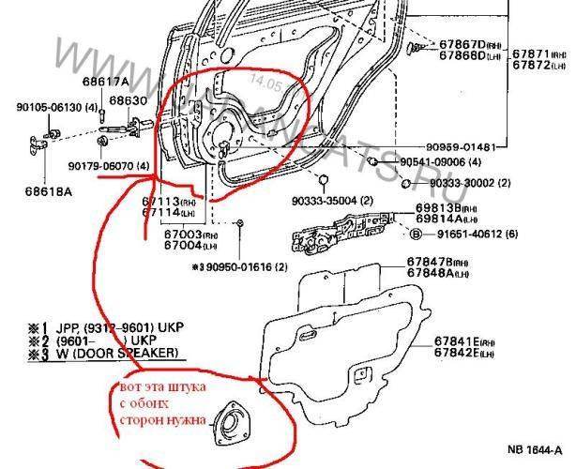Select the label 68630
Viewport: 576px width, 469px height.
pyautogui.click(x=128, y=100)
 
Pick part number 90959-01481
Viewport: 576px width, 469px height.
pyautogui.click(x=470, y=146)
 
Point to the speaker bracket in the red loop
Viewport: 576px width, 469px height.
pyautogui.click(x=227, y=421)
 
